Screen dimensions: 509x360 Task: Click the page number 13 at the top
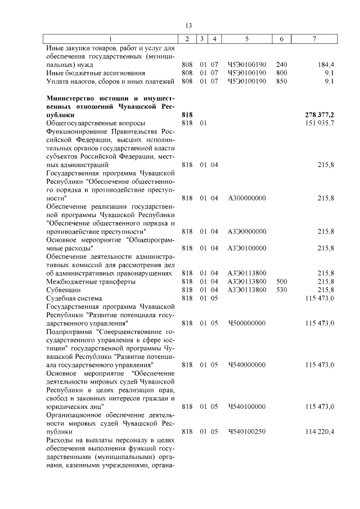(x=188, y=26)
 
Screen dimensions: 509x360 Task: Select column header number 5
(x=247, y=38)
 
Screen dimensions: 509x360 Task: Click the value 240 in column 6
(x=282, y=65)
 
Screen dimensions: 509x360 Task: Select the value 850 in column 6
(x=282, y=82)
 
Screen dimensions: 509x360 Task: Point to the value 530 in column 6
(x=282, y=290)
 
